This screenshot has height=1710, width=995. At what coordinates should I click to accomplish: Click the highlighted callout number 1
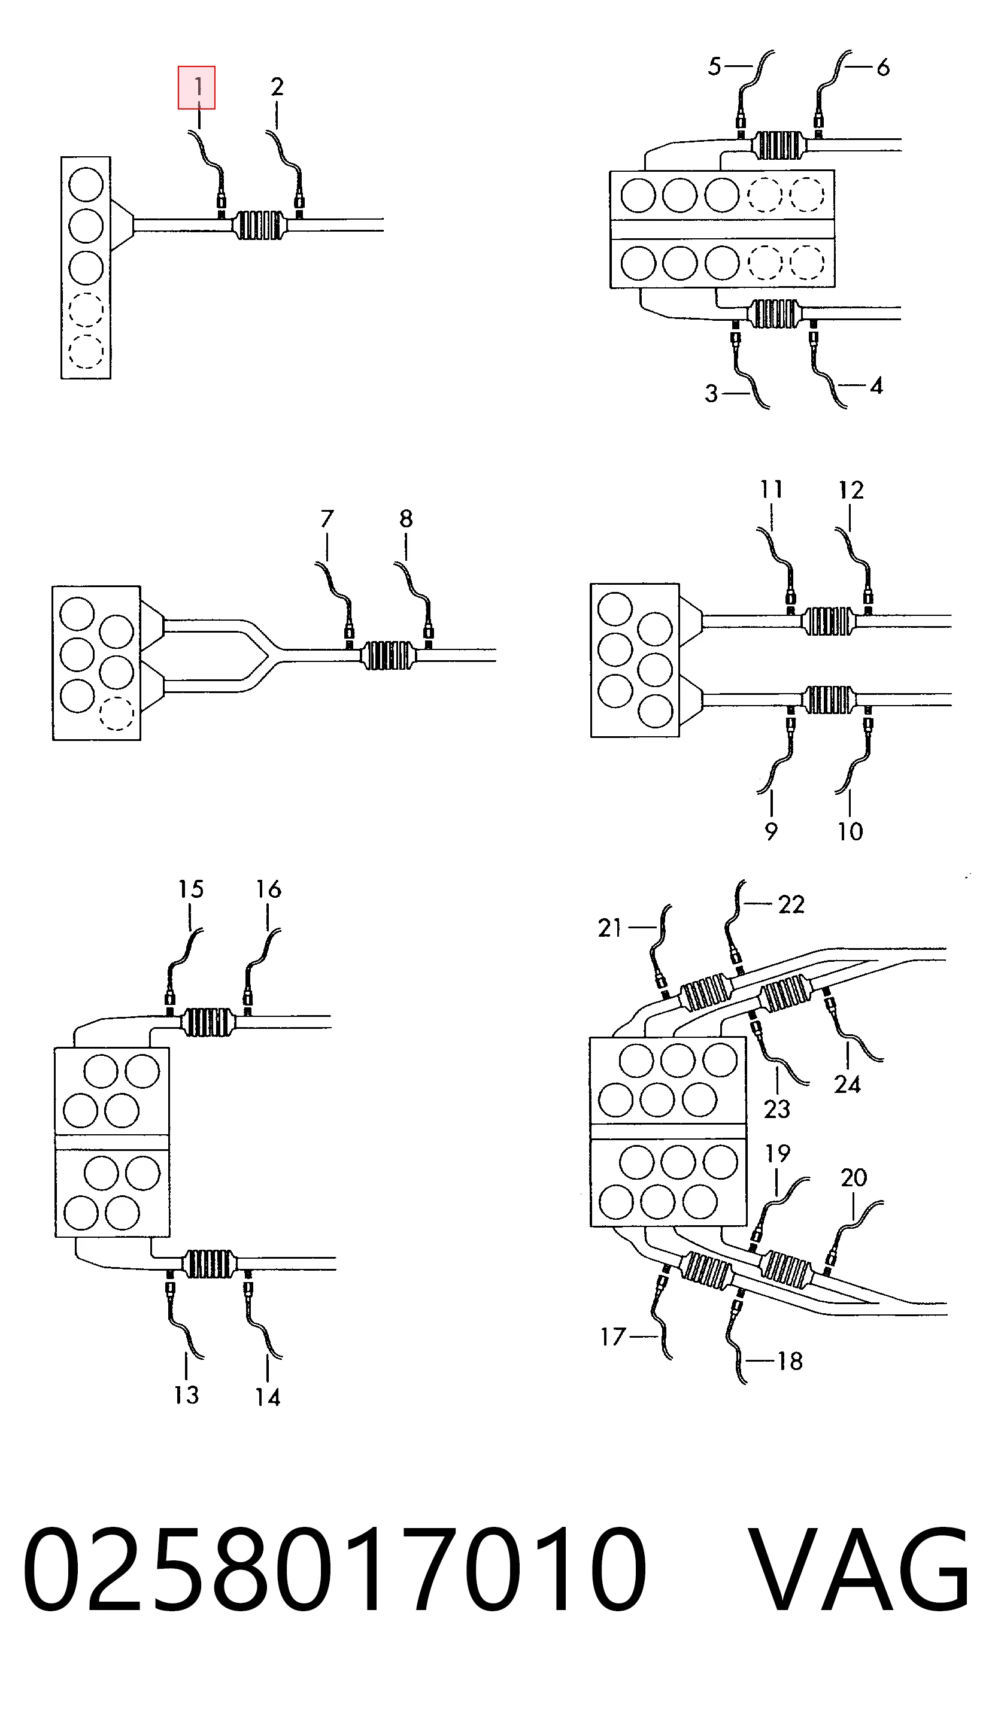tap(198, 87)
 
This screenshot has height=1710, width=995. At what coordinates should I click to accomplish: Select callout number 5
tap(714, 66)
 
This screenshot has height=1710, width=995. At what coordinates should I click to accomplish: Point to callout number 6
tap(883, 67)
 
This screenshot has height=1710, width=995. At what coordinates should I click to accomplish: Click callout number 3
tap(711, 394)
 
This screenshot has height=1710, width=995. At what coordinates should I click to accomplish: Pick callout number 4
tap(876, 386)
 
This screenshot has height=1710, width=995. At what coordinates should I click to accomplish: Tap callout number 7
tap(327, 519)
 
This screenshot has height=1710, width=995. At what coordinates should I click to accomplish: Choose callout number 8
tap(406, 519)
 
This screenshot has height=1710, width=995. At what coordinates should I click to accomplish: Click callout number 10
tap(850, 831)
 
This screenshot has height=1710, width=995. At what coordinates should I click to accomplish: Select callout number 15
tap(191, 889)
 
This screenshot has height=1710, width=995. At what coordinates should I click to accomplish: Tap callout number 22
tap(791, 904)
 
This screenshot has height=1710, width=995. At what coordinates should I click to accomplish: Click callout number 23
tap(777, 1110)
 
